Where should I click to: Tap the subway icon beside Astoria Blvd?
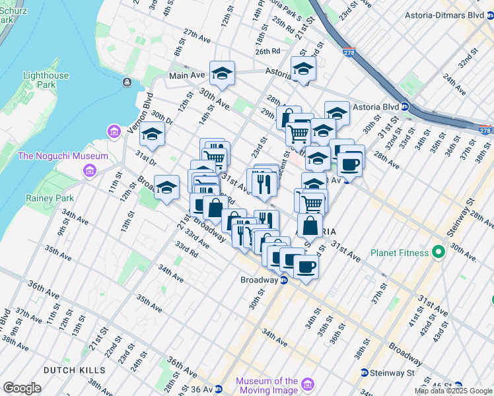pyautogui.click(x=405, y=106)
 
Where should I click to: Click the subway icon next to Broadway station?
pyautogui.click(x=284, y=280)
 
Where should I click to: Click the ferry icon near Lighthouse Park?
pyautogui.click(x=125, y=82)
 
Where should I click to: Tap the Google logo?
pyautogui.click(x=22, y=388)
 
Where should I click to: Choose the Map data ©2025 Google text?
pyautogui.click(x=452, y=391)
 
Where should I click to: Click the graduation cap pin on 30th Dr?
pyautogui.click(x=152, y=134)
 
